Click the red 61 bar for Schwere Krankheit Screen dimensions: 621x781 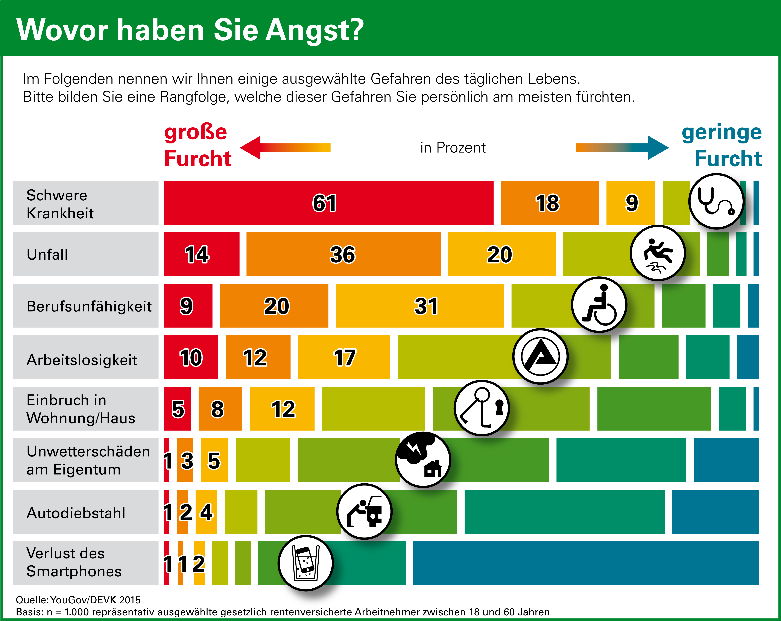[328, 202]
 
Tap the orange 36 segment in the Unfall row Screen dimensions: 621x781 [343, 254]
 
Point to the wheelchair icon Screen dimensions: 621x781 [599, 305]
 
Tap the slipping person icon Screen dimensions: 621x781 [658, 253]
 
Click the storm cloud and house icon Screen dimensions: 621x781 [423, 459]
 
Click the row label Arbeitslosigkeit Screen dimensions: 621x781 [82, 360]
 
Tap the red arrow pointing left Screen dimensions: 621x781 [285, 148]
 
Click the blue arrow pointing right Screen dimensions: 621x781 [622, 148]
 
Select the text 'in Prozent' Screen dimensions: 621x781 [453, 148]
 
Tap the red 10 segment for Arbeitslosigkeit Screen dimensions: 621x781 [191, 357]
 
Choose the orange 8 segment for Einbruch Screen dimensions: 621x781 [220, 409]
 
